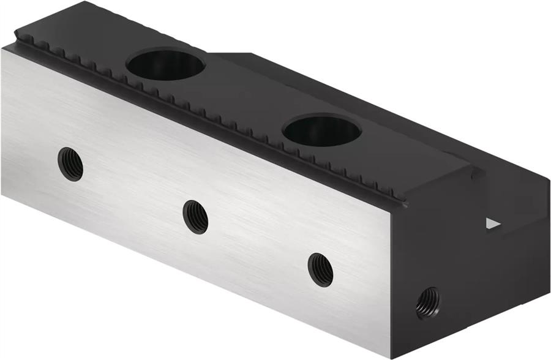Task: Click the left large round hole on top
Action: point(166,65)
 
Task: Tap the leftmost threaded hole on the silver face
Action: point(70,163)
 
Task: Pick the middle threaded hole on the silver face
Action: point(196,216)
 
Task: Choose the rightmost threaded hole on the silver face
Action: point(320,269)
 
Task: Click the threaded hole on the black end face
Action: point(427,302)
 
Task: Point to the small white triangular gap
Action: point(492,223)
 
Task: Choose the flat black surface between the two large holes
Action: point(245,98)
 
